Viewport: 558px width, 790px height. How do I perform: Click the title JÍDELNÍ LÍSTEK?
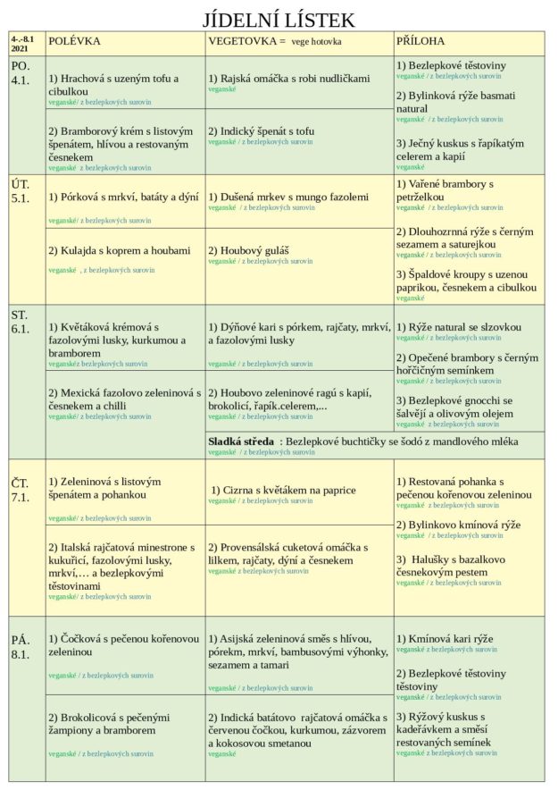pyautogui.click(x=279, y=20)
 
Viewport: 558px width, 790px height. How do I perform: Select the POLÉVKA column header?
pyautogui.click(x=74, y=42)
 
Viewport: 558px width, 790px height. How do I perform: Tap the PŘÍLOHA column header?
pyautogui.click(x=421, y=42)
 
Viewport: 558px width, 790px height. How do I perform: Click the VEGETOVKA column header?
pyautogui.click(x=246, y=42)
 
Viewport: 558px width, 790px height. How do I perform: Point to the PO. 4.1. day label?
pyautogui.click(x=21, y=73)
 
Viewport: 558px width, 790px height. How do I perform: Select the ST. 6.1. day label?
pyautogui.click(x=21, y=321)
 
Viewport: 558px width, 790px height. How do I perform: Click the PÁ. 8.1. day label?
pyautogui.click(x=21, y=646)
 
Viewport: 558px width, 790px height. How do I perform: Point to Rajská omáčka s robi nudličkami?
pyautogui.click(x=288, y=79)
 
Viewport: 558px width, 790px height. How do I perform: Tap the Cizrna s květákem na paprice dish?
pyautogui.click(x=283, y=490)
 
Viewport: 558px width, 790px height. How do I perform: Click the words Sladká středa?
pyautogui.click(x=241, y=441)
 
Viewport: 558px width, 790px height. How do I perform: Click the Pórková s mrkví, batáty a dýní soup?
pyautogui.click(x=123, y=197)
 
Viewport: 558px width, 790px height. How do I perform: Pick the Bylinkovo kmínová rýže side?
pyautogui.click(x=458, y=525)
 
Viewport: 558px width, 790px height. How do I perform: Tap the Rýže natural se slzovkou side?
pyautogui.click(x=458, y=327)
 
